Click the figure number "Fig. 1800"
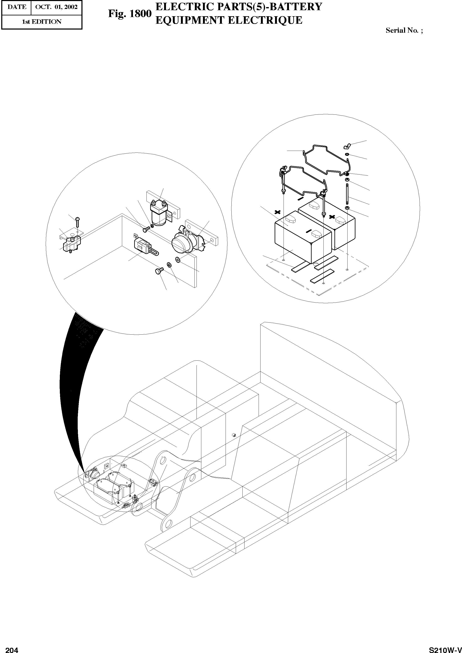click(130, 14)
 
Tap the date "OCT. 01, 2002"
click(56, 7)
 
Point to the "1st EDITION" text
click(42, 22)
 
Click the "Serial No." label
click(402, 30)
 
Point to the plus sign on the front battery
click(278, 212)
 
